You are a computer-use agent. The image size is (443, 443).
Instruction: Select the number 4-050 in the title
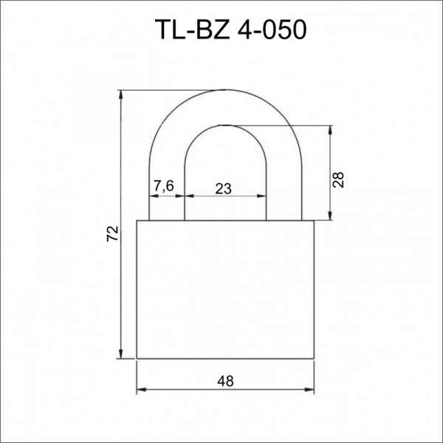[263, 30]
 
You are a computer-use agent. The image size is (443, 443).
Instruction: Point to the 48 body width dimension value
[226, 381]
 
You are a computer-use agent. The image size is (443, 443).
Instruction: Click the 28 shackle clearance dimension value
[339, 179]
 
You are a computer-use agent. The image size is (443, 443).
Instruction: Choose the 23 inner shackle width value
[224, 188]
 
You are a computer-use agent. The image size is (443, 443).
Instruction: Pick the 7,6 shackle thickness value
[163, 187]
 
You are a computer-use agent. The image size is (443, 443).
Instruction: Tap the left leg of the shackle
[167, 207]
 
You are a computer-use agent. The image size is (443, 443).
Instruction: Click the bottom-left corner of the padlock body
[137, 359]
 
